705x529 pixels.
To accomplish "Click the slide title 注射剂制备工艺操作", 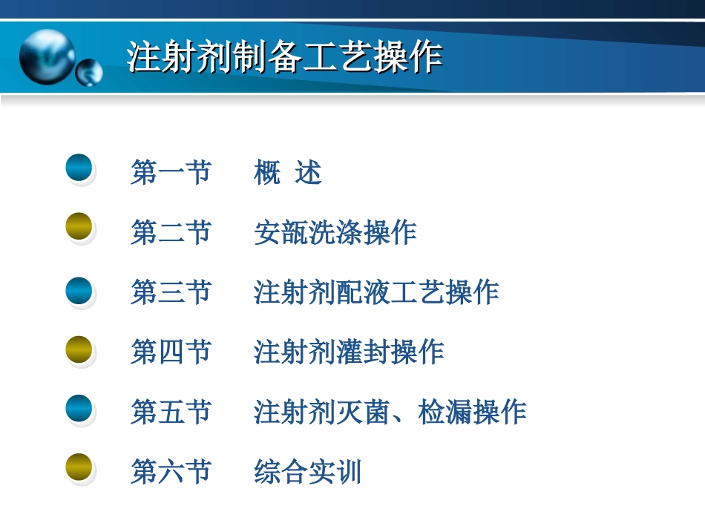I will pos(284,57).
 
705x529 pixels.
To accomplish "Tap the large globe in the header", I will pos(47,56).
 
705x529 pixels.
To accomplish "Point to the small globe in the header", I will pos(89,73).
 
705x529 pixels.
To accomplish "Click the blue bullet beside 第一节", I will pos(79,168).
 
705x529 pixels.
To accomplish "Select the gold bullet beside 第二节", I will pos(79,227).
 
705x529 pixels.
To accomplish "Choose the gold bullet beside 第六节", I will pos(79,467).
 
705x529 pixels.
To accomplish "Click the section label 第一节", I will pos(171,173).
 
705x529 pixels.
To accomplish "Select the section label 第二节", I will pos(171,233).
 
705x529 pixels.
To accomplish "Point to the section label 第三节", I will pos(171,292).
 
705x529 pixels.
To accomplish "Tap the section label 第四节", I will pos(171,352).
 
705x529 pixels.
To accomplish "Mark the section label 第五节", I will pos(171,412).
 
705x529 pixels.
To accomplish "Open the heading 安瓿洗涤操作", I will pos(335,233).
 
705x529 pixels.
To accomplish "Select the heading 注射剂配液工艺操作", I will pos(376,292).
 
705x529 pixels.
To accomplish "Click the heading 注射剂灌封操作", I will pos(348,352).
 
